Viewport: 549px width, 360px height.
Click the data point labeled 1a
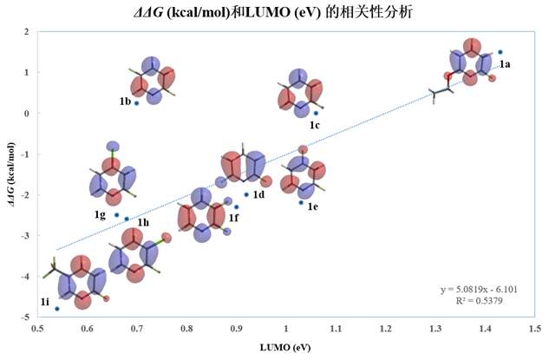pos(500,52)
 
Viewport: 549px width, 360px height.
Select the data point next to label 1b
pos(136,103)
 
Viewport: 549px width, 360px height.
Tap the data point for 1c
pos(316,113)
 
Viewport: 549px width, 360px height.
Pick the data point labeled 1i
pos(57,309)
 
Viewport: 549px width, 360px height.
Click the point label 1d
pos(258,194)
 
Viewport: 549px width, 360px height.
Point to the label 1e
pos(312,206)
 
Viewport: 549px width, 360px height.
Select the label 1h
pos(143,223)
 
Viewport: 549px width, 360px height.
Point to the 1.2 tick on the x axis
pos(385,330)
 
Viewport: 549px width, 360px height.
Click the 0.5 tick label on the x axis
pos(37,330)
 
